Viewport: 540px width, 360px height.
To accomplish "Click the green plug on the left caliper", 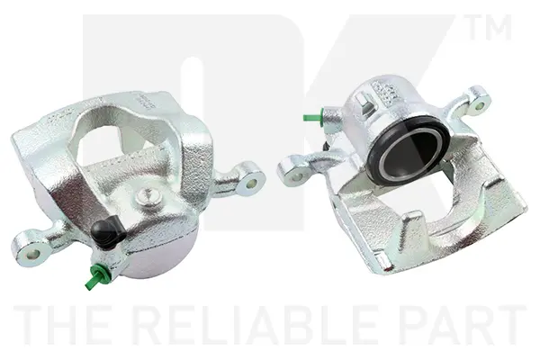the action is pos(97,275).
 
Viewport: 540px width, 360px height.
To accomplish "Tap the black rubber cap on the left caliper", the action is pos(107,230).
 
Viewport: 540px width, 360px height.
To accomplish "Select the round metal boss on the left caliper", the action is pos(148,197).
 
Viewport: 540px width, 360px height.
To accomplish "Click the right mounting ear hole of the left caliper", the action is pos(252,183).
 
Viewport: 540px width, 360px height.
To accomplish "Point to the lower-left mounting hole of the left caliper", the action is pos(32,254).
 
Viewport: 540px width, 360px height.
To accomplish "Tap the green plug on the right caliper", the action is pos(314,116).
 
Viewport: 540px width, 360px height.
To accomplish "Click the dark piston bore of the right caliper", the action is pos(409,152).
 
